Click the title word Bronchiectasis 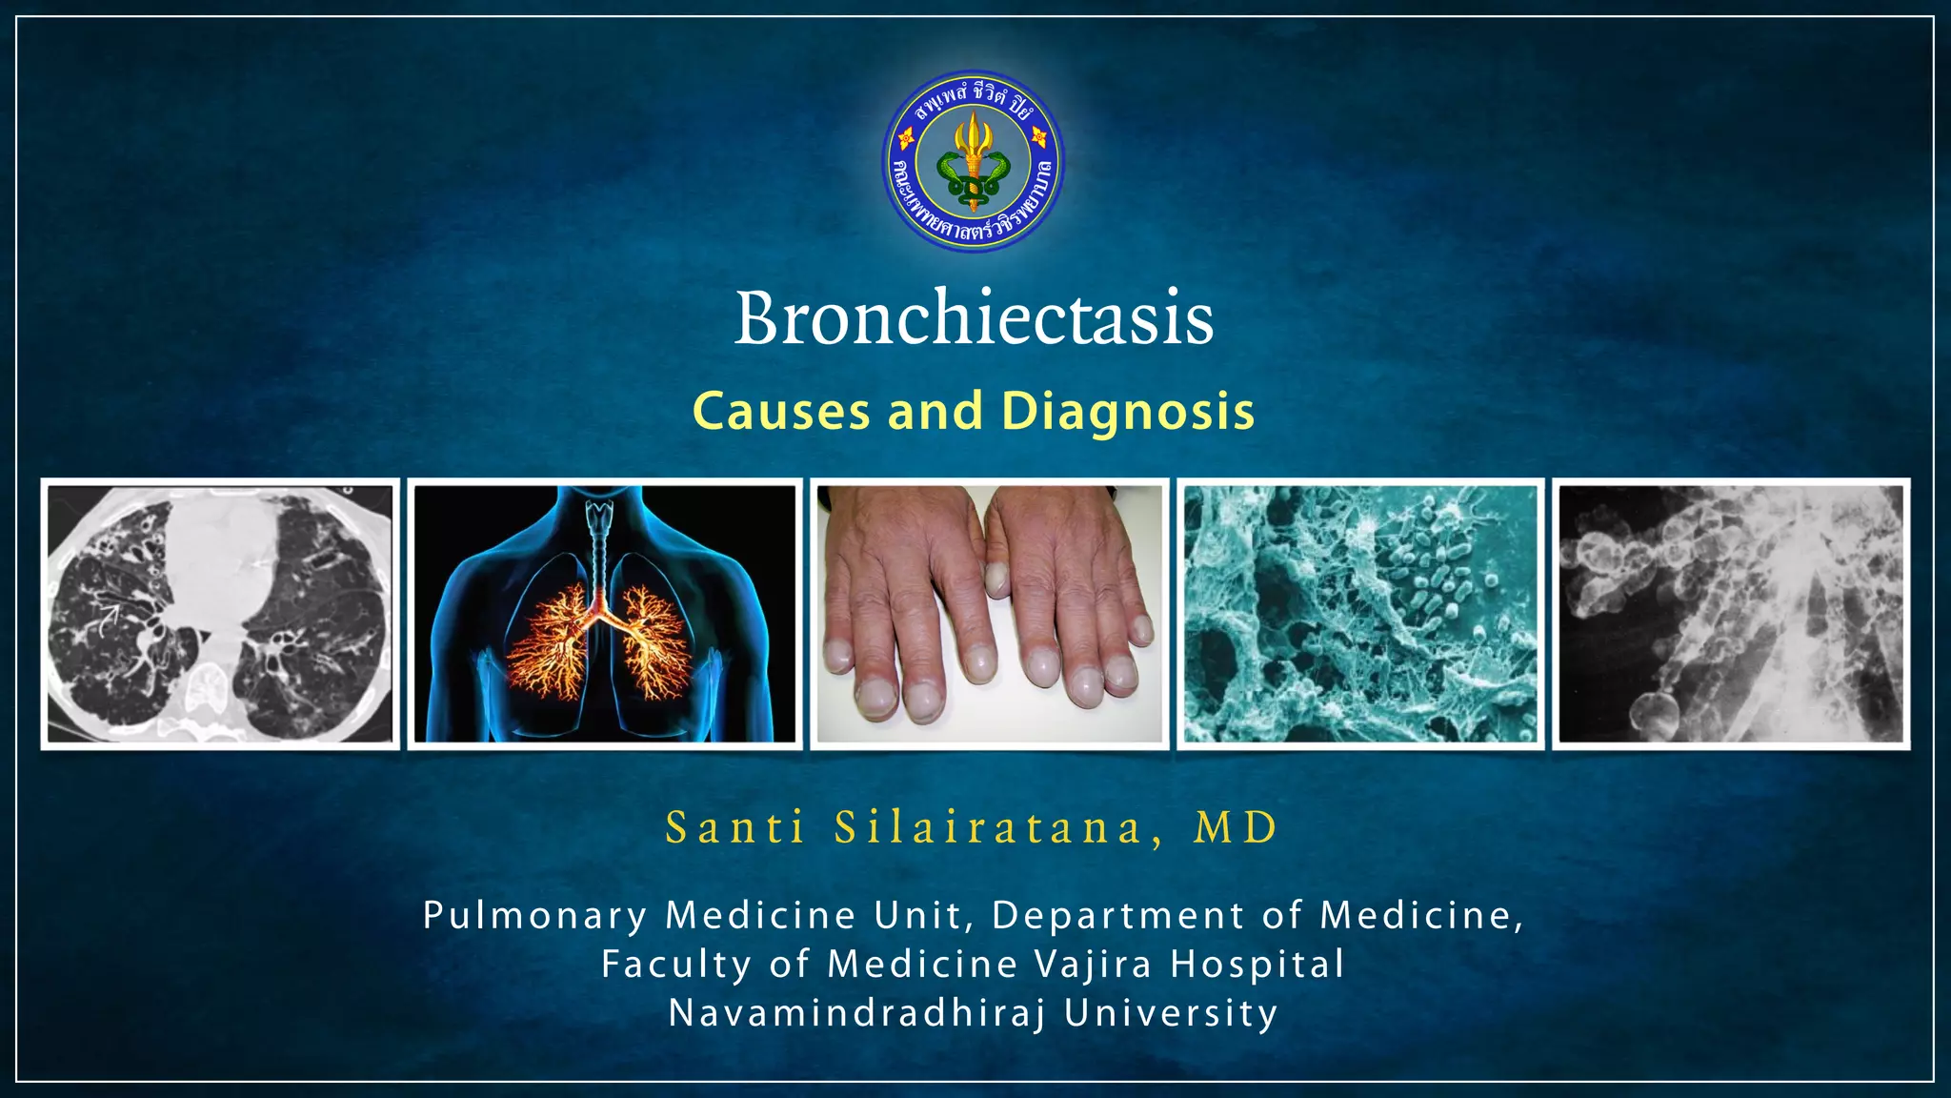tap(974, 318)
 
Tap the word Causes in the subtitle tap(781, 412)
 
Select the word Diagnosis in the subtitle tap(1128, 412)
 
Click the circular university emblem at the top tap(973, 161)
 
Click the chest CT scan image tap(220, 614)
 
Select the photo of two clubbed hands tap(990, 614)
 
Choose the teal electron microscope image tap(1360, 614)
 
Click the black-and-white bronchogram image tap(1731, 614)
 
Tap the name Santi tap(735, 827)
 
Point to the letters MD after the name tap(1236, 827)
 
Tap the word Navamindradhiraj tap(857, 1013)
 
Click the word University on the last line tap(1171, 1013)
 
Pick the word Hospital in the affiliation tap(1257, 965)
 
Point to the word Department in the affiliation tap(1118, 916)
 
